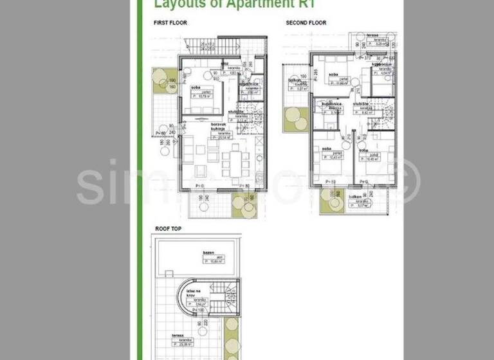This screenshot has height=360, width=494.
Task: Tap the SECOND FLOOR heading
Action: (x=306, y=22)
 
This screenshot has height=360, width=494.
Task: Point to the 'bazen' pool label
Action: (x=208, y=253)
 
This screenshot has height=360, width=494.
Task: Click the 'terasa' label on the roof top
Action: (x=178, y=336)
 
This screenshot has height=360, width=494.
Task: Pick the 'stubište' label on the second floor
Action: (x=360, y=103)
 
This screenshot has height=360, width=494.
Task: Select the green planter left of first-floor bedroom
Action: (x=159, y=82)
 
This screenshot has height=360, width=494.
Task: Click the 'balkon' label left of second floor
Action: (x=295, y=81)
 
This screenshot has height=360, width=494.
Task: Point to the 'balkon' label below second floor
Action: (x=354, y=199)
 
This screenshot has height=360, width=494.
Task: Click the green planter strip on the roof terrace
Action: (x=231, y=337)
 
